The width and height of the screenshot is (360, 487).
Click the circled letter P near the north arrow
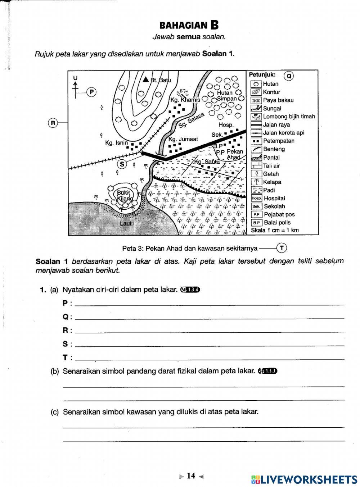[91, 92]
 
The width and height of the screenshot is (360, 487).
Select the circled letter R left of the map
[53, 123]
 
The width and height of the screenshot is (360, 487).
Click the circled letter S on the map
[122, 164]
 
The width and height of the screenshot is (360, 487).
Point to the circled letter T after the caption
[282, 248]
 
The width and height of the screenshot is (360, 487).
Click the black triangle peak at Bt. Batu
[146, 79]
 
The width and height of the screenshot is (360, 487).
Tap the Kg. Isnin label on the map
[116, 143]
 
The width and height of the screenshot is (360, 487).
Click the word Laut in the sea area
[126, 223]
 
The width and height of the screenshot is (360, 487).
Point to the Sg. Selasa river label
[192, 120]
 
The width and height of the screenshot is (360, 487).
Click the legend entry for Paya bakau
[278, 100]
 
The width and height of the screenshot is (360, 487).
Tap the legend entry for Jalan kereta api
[283, 133]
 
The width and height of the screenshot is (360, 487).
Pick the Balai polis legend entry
[277, 223]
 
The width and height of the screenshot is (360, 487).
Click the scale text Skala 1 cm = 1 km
[275, 230]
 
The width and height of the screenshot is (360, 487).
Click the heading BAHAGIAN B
[189, 26]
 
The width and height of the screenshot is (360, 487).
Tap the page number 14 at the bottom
[191, 476]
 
